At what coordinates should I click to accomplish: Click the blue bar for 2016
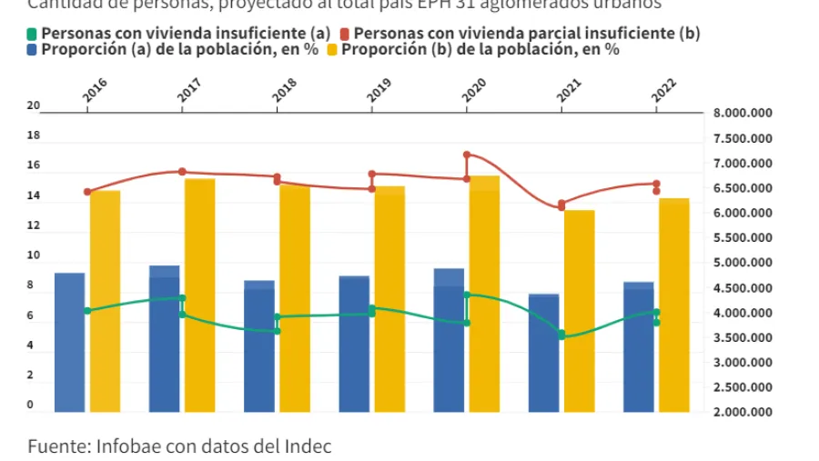(x=69, y=341)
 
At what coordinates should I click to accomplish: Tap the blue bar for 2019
(x=354, y=343)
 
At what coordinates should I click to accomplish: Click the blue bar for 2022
(x=638, y=346)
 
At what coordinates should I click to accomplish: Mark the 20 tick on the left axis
(x=34, y=106)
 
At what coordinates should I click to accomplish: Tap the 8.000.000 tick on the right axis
(x=743, y=114)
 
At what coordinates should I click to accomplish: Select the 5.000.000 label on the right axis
(x=743, y=263)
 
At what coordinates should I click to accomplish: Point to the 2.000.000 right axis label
(x=743, y=412)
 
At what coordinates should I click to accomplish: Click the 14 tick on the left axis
(x=34, y=196)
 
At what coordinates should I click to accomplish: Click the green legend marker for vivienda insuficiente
(x=33, y=34)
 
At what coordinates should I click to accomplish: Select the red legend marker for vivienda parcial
(x=358, y=34)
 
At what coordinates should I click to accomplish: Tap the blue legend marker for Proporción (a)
(x=33, y=49)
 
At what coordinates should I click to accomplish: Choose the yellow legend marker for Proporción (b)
(x=333, y=49)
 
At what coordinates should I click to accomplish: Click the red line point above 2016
(x=87, y=192)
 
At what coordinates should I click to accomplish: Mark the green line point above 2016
(x=87, y=311)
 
